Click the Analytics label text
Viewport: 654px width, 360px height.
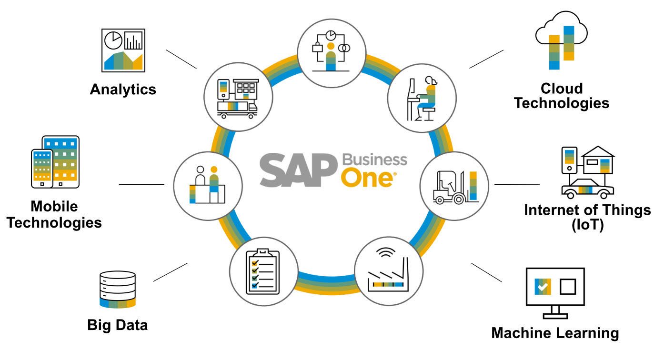click(123, 90)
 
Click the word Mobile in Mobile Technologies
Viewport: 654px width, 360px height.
click(54, 206)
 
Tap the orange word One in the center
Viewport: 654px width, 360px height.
click(367, 177)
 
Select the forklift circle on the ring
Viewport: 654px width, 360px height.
click(454, 186)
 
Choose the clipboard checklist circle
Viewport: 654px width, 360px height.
click(264, 270)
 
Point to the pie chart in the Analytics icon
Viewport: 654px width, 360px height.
click(113, 40)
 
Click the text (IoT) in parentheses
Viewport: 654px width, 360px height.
click(587, 225)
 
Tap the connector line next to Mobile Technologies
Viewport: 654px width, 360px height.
click(141, 184)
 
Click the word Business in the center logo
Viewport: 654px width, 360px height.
click(375, 159)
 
